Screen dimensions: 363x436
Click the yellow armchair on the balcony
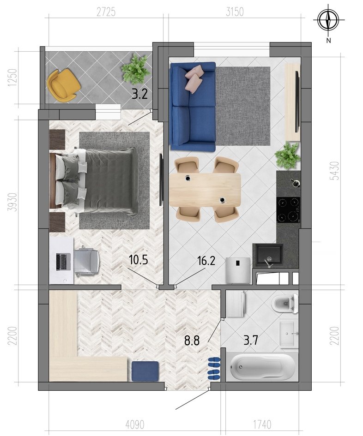click(x=63, y=86)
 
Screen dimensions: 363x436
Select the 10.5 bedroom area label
click(x=139, y=260)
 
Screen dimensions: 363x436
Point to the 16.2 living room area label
click(x=206, y=261)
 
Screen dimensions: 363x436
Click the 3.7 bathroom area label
click(x=251, y=340)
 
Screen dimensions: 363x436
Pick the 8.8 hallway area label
click(x=192, y=340)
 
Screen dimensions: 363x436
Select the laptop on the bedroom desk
click(x=62, y=262)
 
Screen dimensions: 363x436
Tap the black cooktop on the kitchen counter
click(x=288, y=209)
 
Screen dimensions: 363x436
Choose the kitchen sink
click(x=267, y=256)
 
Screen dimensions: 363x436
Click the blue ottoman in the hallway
click(x=145, y=371)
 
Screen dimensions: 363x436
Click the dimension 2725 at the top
click(x=106, y=12)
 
